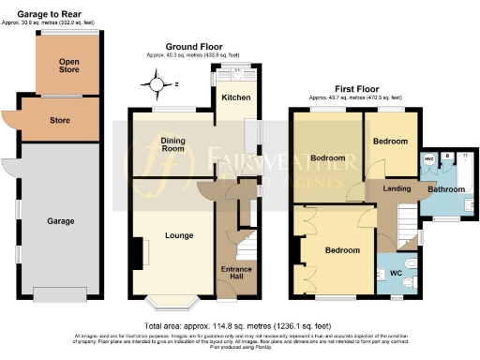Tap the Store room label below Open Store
click(x=61, y=119)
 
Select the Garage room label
click(x=61, y=222)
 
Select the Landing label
click(x=397, y=188)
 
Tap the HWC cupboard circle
click(x=429, y=158)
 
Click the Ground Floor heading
click(x=193, y=46)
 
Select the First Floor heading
click(x=355, y=86)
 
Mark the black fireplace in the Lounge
click(x=143, y=253)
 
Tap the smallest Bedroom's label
click(x=390, y=141)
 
